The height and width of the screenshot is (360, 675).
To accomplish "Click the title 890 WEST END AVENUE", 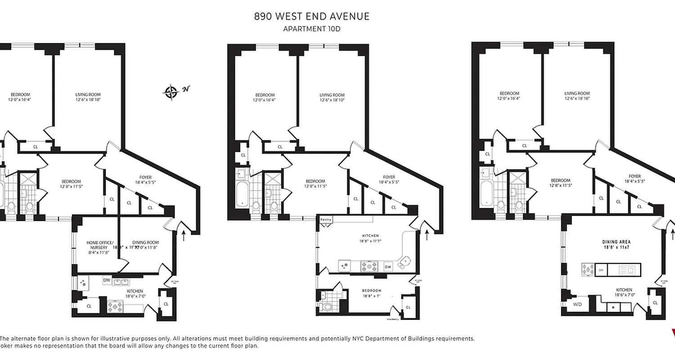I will point(312,17).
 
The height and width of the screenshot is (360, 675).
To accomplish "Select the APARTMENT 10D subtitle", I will point(312,29).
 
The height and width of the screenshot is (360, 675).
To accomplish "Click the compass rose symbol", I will point(171,92).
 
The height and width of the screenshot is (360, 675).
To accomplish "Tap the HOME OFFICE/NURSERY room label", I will point(97,245).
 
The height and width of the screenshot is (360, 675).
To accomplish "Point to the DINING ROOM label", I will point(145,243).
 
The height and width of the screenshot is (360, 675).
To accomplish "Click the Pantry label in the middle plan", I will point(326,220).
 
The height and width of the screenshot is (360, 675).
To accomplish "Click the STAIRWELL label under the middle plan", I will point(393,320).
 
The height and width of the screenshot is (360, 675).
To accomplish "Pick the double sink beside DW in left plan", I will point(120,282).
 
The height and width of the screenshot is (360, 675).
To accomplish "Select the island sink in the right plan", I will point(629,270).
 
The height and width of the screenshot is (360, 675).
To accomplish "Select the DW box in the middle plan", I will point(387,267).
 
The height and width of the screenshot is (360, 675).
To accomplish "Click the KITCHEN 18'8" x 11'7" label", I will point(369,238).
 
